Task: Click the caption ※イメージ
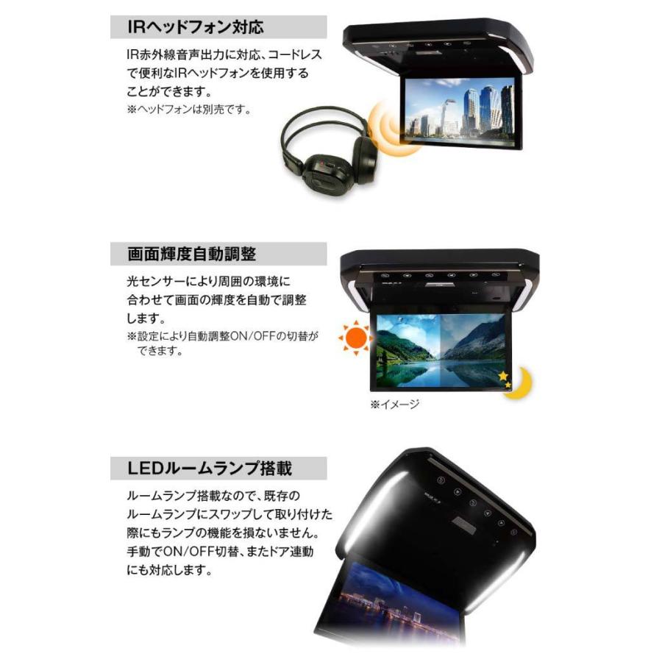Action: click(x=394, y=405)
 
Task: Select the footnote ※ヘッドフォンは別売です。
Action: click(x=190, y=110)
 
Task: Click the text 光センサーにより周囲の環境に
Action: click(x=209, y=282)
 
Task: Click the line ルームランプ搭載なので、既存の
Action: click(x=210, y=496)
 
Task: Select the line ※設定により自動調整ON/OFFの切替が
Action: click(x=223, y=336)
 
